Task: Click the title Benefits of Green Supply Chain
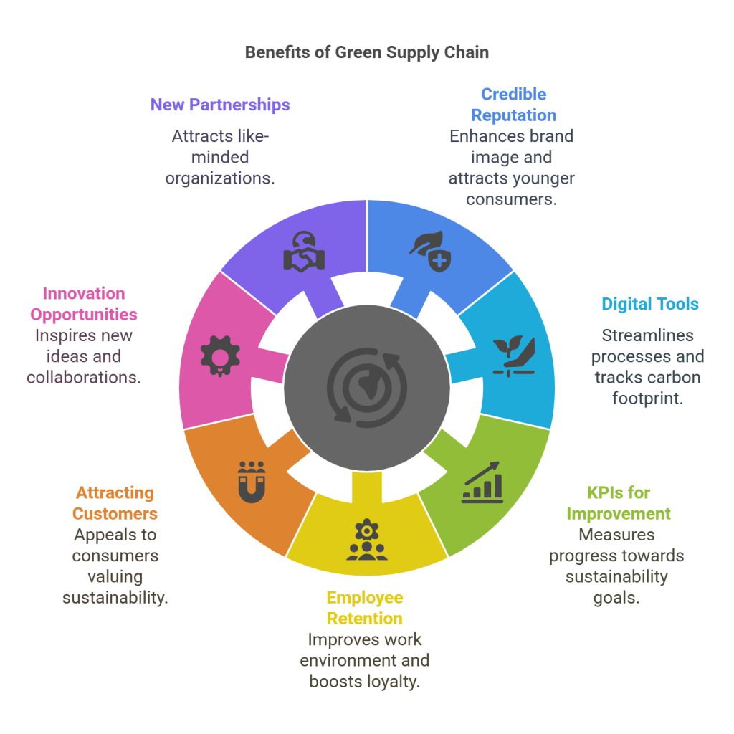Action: click(367, 52)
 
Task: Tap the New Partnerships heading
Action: click(220, 105)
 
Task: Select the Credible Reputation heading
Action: click(513, 105)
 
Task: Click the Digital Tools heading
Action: click(650, 304)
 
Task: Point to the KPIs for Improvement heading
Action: click(619, 503)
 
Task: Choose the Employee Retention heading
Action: click(365, 608)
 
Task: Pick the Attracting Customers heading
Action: click(115, 503)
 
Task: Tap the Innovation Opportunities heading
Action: click(84, 304)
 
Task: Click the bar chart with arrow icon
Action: click(482, 482)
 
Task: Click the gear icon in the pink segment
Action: click(219, 354)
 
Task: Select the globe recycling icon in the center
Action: click(366, 388)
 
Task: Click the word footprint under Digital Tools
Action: click(647, 398)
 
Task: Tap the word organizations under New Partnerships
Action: click(220, 178)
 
